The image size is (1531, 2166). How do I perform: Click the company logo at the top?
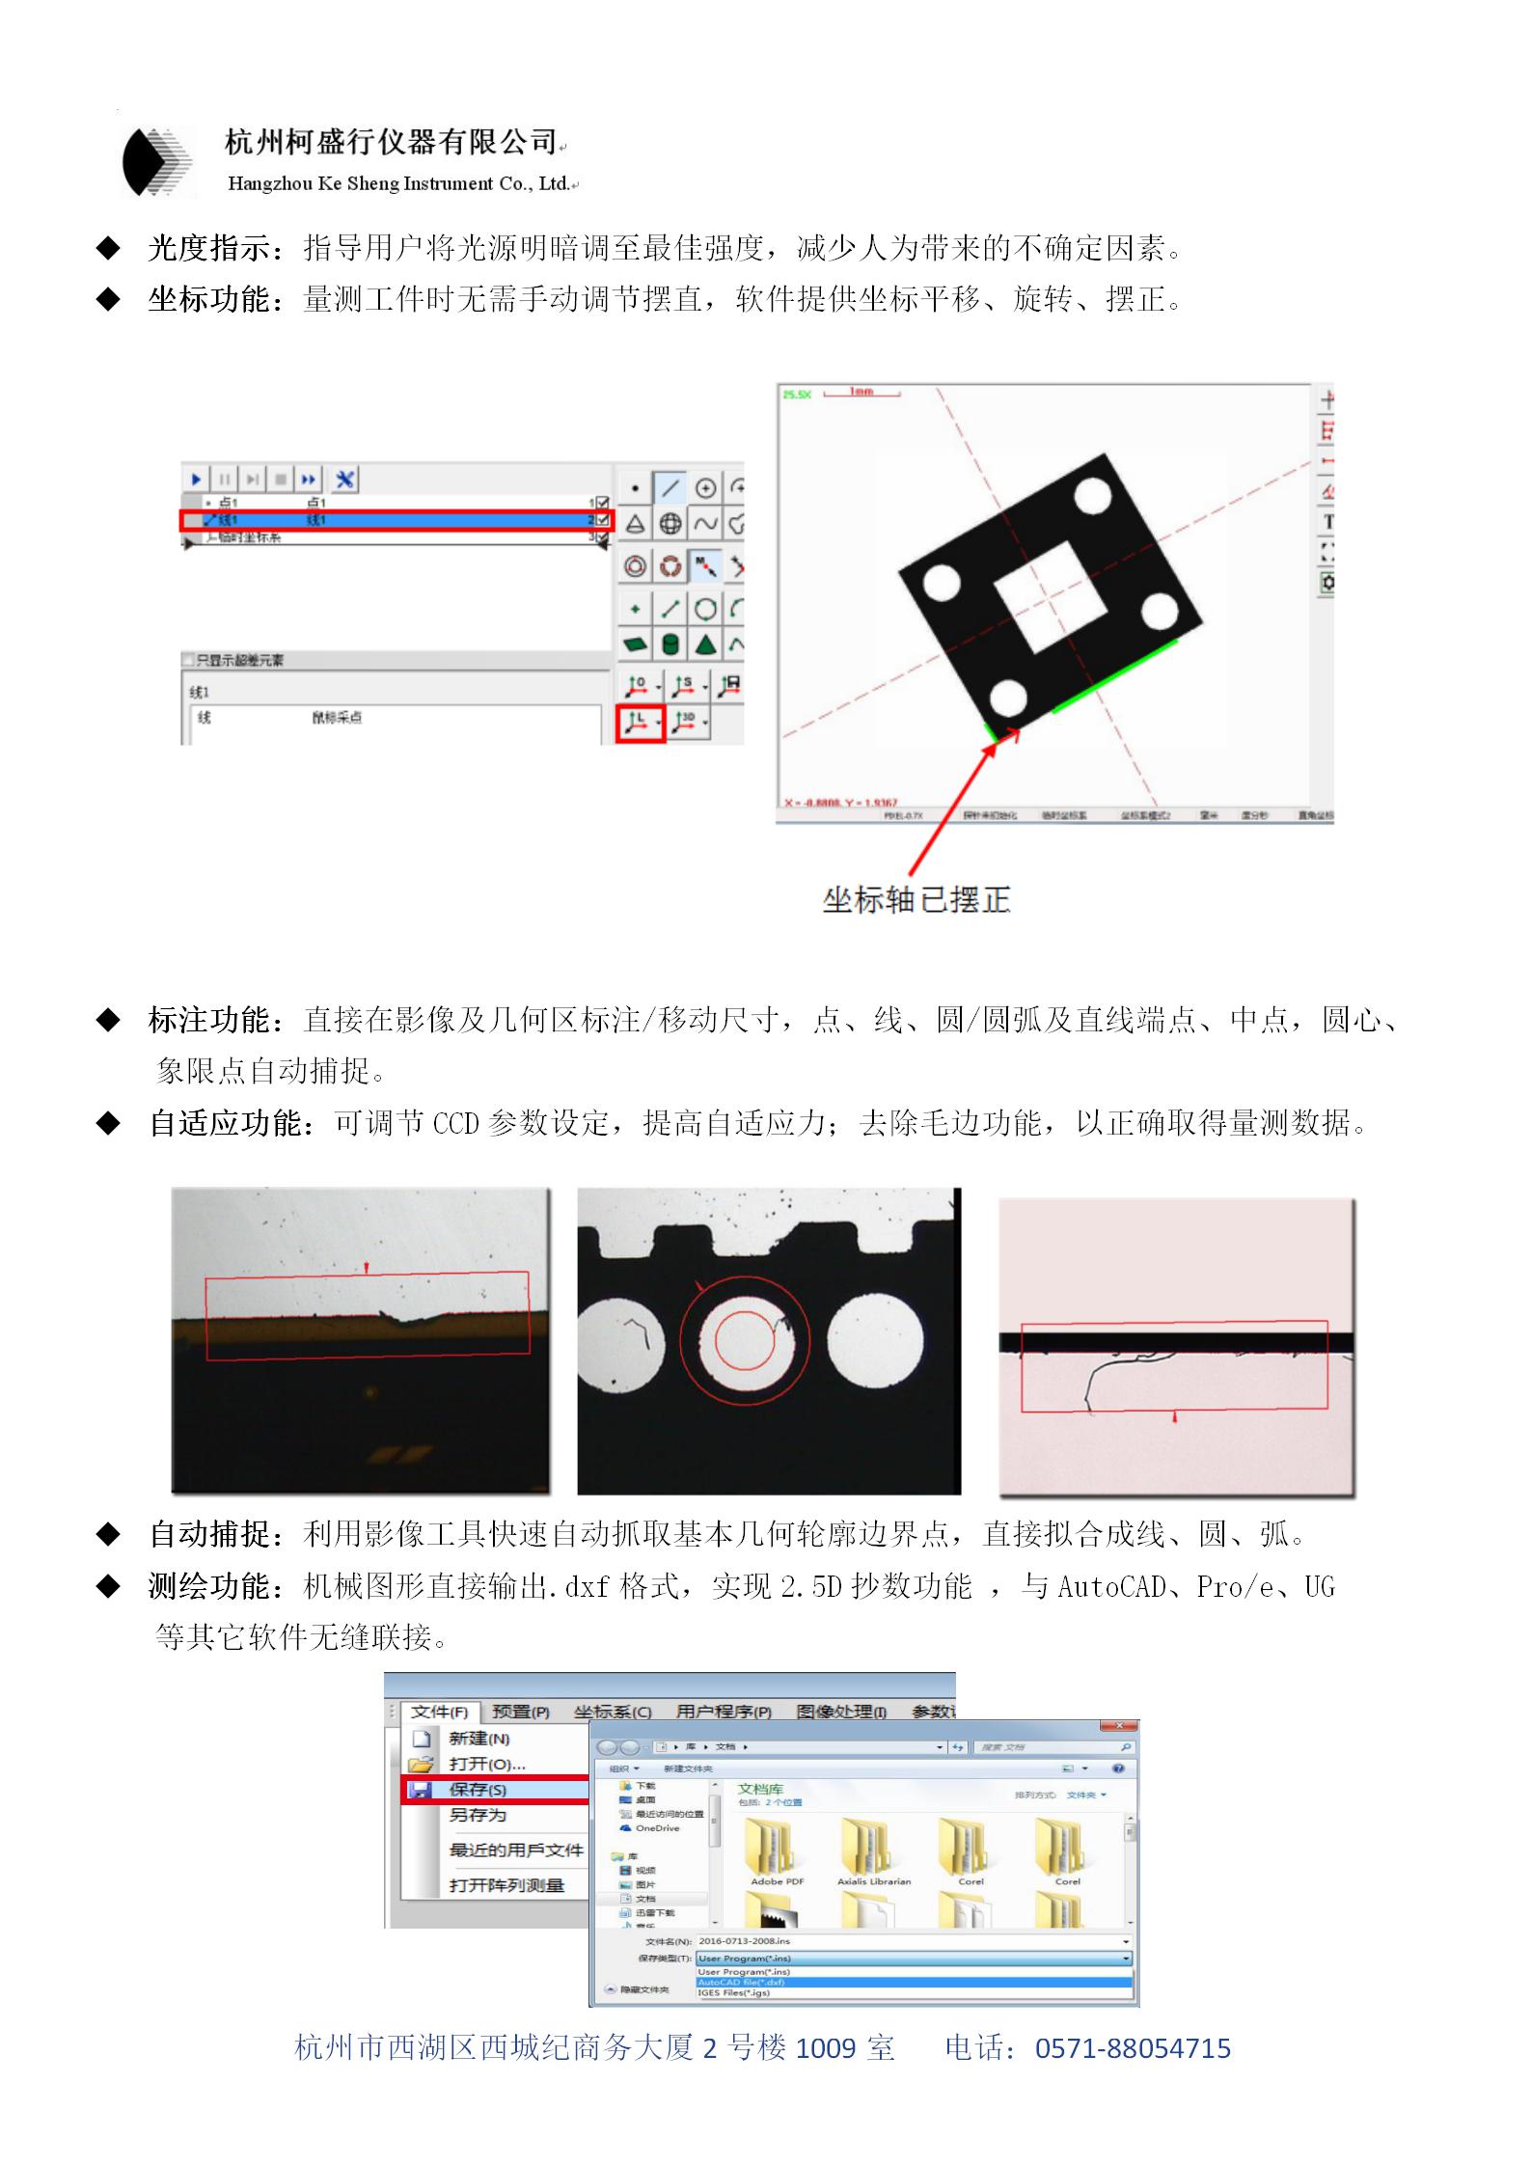click(158, 162)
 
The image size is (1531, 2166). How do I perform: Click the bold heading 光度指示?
click(208, 249)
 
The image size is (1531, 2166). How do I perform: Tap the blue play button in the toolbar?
click(197, 479)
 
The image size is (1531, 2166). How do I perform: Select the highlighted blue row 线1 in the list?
click(396, 521)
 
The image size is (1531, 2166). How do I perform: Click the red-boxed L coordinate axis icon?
click(640, 722)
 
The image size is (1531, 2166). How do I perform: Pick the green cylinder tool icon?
click(670, 644)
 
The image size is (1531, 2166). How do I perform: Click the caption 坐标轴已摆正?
click(916, 900)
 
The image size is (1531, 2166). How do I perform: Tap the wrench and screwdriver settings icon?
click(344, 479)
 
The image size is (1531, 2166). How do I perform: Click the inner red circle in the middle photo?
click(745, 1340)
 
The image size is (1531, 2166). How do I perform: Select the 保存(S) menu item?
click(478, 1790)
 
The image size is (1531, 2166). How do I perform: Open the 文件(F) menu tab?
click(439, 1712)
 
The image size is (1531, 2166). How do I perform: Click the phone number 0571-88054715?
click(1133, 2048)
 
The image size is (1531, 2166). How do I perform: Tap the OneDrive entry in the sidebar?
click(657, 1828)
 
